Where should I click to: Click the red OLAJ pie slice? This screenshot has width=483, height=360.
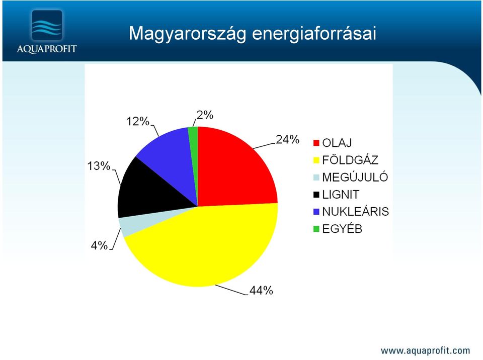(231, 172)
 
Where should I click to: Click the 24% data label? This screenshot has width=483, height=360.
(287, 139)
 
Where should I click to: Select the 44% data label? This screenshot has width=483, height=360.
(261, 290)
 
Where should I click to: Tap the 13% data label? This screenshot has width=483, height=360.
(99, 166)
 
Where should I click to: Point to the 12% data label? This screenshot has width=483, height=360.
(138, 121)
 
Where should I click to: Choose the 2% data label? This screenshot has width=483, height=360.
(205, 115)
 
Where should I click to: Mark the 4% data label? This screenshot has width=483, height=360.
(99, 245)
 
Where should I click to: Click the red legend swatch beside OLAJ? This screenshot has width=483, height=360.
(316, 143)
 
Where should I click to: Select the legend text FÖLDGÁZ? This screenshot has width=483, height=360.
(350, 160)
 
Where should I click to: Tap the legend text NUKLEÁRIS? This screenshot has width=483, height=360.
(356, 212)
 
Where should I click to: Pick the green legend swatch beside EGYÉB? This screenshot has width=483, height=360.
(316, 229)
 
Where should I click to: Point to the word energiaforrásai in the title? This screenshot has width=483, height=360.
(314, 33)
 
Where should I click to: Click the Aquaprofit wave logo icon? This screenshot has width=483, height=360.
(47, 25)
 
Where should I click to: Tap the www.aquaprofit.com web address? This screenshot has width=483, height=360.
(426, 350)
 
